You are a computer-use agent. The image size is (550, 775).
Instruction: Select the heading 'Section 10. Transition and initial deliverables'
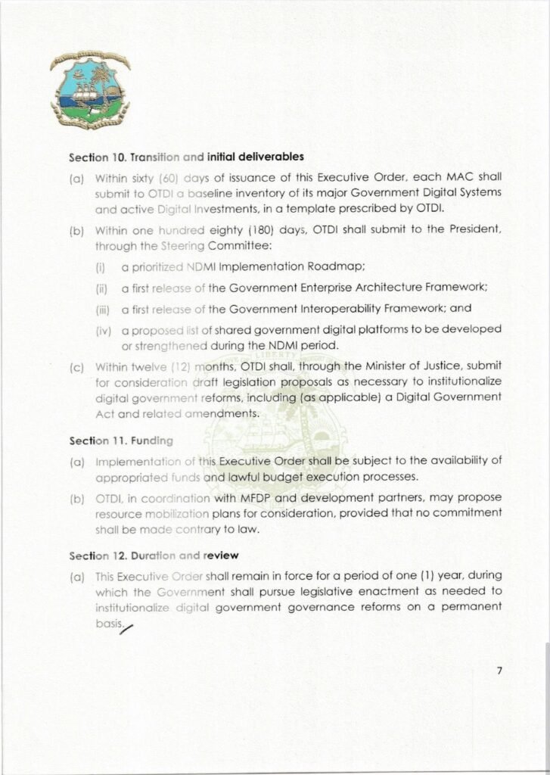pyautogui.click(x=186, y=157)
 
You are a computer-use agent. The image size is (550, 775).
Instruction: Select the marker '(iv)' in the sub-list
pyautogui.click(x=101, y=330)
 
